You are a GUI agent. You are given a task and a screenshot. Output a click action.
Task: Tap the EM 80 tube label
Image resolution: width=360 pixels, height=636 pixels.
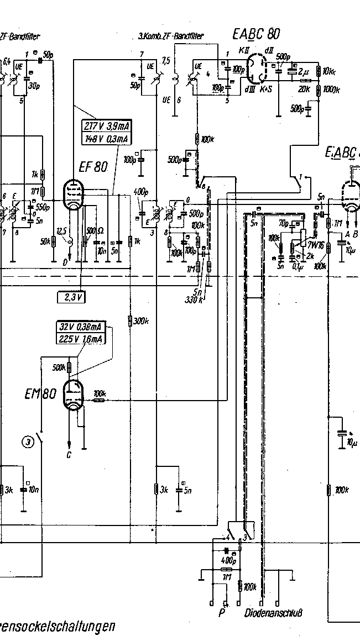[x=40, y=394]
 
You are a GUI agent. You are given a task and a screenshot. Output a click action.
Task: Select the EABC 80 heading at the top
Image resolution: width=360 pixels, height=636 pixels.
[x=256, y=34]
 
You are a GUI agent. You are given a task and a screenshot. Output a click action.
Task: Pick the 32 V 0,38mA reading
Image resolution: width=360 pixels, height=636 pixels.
[x=81, y=326]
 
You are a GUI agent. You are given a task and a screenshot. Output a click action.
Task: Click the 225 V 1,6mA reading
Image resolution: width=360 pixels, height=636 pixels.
[x=81, y=338]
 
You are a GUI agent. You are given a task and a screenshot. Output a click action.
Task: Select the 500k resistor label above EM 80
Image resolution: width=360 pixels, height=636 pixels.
[x=59, y=367]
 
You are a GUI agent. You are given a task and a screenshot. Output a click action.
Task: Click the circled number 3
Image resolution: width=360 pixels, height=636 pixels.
[x=28, y=441]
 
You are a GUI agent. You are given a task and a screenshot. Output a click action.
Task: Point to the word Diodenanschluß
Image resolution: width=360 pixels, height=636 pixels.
[x=274, y=613]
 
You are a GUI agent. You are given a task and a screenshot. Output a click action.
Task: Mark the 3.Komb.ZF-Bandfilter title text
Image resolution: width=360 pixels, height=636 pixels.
[x=171, y=36]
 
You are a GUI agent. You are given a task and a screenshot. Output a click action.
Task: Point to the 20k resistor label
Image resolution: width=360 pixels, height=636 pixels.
[x=304, y=89]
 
